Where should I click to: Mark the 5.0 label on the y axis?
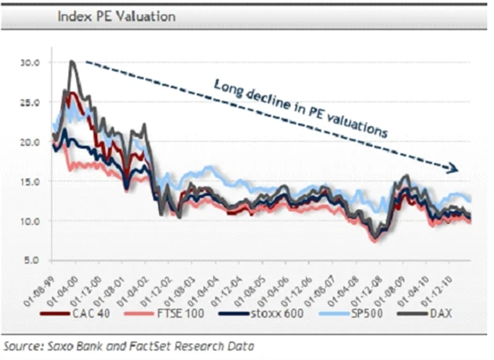[33, 260]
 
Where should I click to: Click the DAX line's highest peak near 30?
[72, 63]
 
